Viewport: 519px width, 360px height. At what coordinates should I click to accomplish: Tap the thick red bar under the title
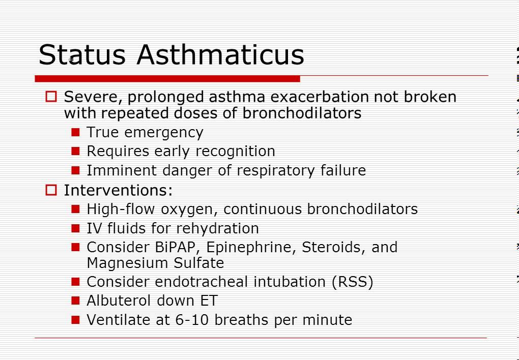point(167,79)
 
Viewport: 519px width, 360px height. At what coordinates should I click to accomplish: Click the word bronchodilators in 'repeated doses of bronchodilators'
point(302,113)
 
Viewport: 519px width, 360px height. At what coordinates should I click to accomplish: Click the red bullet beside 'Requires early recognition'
point(76,151)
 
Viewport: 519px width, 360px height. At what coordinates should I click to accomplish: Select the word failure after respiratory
point(342,170)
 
